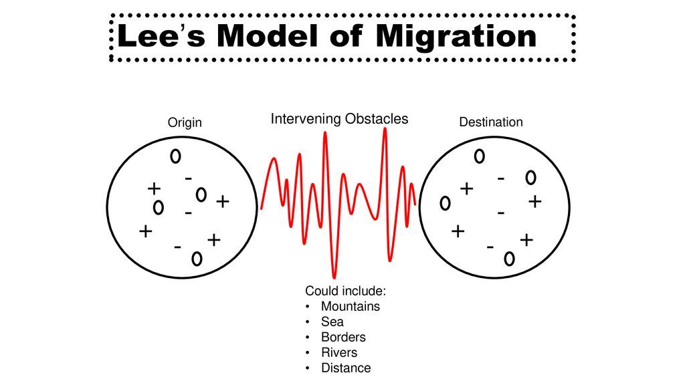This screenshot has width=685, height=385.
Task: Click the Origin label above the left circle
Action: (x=184, y=122)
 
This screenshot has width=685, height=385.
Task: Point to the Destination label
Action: (x=490, y=122)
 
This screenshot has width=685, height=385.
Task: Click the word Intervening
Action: (x=305, y=119)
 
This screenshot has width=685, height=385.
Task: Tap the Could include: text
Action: (x=346, y=291)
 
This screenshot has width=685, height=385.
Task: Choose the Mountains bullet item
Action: (x=350, y=307)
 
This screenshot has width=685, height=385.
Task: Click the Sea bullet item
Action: (x=332, y=322)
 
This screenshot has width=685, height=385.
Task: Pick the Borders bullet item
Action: (x=343, y=338)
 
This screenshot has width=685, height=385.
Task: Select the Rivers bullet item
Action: (x=339, y=353)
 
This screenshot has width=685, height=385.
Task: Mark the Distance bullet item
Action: (x=345, y=368)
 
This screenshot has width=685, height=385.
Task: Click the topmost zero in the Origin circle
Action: (x=175, y=156)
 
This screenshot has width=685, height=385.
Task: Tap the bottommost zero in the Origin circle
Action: (x=196, y=259)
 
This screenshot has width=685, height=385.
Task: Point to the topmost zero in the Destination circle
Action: (x=479, y=157)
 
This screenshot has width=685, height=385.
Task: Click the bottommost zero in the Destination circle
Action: (x=509, y=259)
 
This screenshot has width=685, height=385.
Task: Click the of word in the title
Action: (x=346, y=37)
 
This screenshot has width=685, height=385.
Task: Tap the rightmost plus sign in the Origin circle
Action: (x=223, y=201)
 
